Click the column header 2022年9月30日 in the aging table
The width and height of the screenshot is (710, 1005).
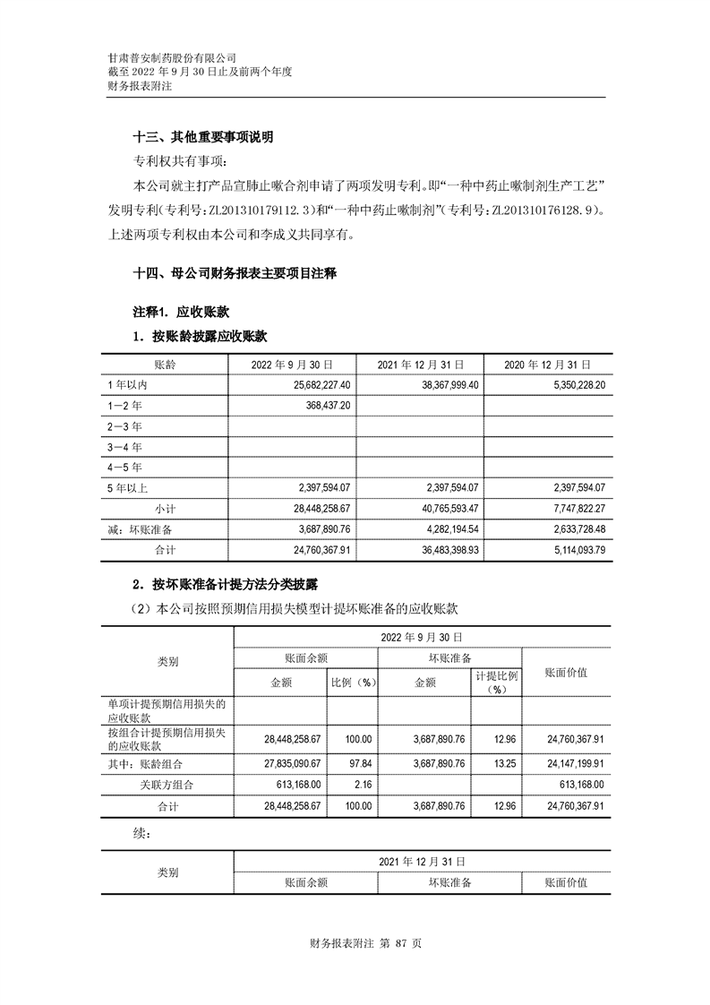click(x=293, y=365)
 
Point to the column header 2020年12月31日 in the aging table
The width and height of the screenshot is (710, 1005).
click(x=544, y=365)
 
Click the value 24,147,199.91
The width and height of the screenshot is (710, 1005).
click(x=575, y=763)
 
